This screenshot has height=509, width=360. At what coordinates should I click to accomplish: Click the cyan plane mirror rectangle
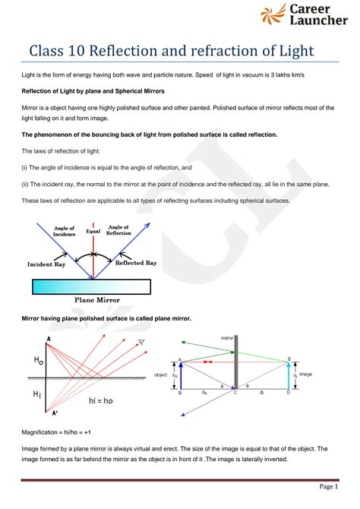click(x=93, y=286)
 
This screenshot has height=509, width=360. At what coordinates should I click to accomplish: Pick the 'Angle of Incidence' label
click(x=65, y=230)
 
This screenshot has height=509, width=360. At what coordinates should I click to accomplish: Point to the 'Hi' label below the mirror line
click(x=36, y=394)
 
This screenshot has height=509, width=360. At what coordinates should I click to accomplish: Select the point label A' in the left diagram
click(x=54, y=413)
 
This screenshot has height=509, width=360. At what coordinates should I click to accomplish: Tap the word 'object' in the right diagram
click(x=160, y=375)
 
